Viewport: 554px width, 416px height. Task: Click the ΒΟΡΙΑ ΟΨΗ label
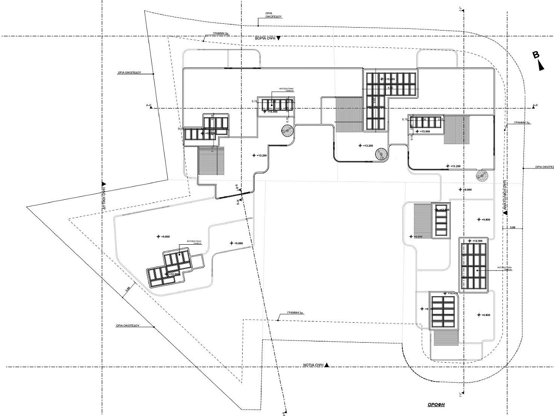click(265, 38)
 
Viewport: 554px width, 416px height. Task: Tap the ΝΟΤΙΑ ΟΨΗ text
click(313, 365)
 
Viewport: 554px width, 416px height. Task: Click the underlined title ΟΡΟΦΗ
click(435, 405)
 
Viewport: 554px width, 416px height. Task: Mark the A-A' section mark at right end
click(535, 105)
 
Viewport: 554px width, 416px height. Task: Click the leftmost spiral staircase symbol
click(286, 131)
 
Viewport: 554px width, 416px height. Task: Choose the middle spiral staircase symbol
click(380, 154)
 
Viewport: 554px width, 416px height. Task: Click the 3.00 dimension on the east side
click(512, 228)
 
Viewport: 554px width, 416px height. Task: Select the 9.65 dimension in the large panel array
click(374, 101)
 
